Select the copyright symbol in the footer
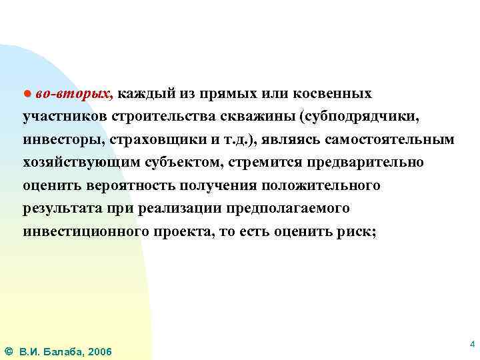[x=7, y=351]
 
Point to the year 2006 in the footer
[x=100, y=351]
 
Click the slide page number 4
[x=472, y=345]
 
